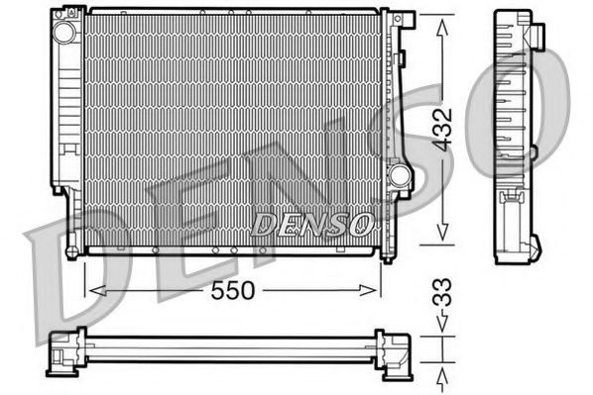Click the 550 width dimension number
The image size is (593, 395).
[232, 291]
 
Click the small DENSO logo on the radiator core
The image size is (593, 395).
[311, 223]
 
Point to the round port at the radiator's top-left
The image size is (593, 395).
[65, 31]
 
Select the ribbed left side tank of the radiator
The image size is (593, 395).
[67, 109]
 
